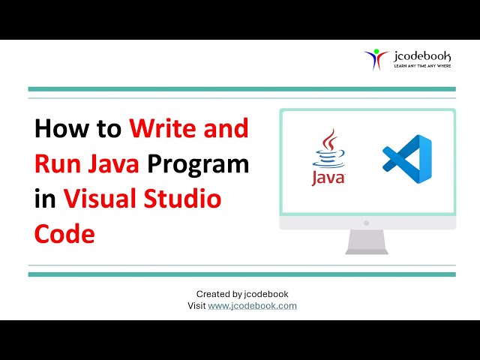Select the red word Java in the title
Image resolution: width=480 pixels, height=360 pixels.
pyautogui.click(x=113, y=164)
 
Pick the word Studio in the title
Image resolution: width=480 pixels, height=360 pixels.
pyautogui.click(x=184, y=199)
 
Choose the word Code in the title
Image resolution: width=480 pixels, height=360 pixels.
pyautogui.click(x=64, y=234)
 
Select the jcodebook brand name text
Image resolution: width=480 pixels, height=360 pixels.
pyautogui.click(x=423, y=55)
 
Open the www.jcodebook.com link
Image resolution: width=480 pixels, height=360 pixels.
pyautogui.click(x=252, y=306)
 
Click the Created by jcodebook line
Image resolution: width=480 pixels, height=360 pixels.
pyautogui.click(x=242, y=294)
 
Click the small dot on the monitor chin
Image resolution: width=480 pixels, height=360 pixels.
pyautogui.click(x=367, y=223)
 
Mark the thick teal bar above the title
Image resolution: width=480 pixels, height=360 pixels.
pyautogui.click(x=241, y=89)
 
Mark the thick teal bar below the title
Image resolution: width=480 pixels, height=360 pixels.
pyautogui.click(x=241, y=274)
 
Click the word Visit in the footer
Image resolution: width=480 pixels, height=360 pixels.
pyautogui.click(x=196, y=306)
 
